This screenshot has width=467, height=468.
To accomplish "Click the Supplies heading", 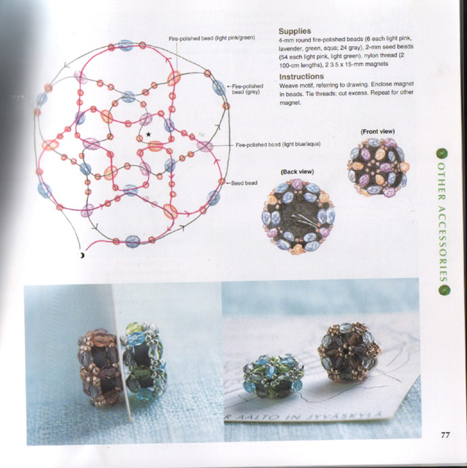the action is (x=295, y=31).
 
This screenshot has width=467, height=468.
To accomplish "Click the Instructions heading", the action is (x=301, y=77).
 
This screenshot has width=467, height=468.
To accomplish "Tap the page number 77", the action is (x=445, y=435).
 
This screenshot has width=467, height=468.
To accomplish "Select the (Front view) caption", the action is (x=378, y=131).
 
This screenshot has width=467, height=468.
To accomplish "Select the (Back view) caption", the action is (x=297, y=172).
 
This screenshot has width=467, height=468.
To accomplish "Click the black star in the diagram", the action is (x=148, y=134).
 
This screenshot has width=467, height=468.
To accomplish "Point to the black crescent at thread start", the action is (x=82, y=255).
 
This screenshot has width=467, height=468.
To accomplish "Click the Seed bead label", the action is (x=244, y=183).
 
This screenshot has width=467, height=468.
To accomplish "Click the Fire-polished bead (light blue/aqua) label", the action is (x=278, y=145).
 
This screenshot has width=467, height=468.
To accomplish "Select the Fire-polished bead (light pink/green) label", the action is (x=212, y=38).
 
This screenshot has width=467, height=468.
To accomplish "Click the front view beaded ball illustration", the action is (x=378, y=167).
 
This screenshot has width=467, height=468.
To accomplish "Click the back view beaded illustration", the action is (x=298, y=216).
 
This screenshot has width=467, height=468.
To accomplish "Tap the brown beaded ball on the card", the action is (x=349, y=353).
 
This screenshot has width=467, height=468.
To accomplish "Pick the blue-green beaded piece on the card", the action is (x=273, y=376).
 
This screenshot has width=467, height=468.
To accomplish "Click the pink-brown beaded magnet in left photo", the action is (x=100, y=368).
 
